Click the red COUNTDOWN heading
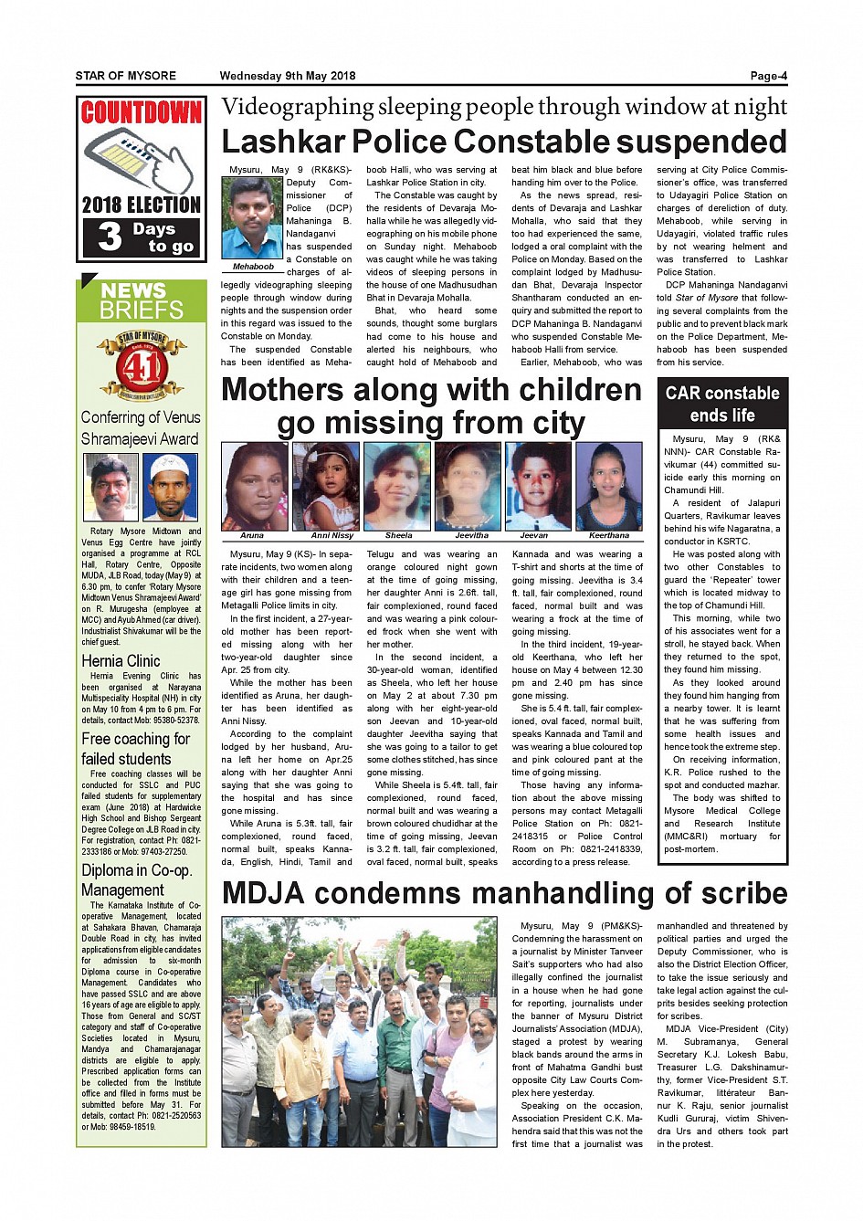[141, 113]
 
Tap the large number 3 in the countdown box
[110, 237]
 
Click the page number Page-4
[768, 76]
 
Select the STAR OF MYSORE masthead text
[126, 76]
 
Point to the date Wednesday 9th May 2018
[288, 76]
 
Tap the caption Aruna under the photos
[252, 535]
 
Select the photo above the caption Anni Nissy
[326, 485]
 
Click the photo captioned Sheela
[398, 485]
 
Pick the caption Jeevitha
[471, 535]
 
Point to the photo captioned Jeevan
[539, 485]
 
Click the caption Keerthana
[609, 535]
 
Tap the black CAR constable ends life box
[722, 405]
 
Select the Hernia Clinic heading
[121, 661]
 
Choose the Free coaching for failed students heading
[135, 749]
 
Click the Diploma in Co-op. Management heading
[137, 880]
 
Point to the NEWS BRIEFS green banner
[142, 300]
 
